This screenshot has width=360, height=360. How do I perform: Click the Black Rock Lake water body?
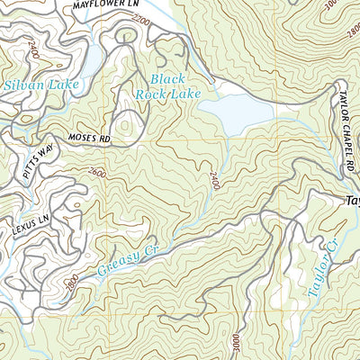coord(233,113)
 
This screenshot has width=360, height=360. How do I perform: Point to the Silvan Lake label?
coord(42,85)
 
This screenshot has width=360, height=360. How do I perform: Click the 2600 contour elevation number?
coord(98,171)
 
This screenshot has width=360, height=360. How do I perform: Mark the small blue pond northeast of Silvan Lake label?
coord(91,59)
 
